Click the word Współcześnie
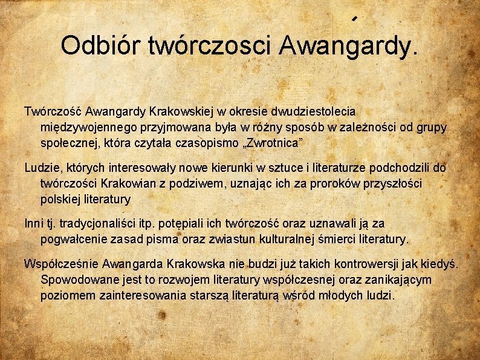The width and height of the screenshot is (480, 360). tap(61, 264)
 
